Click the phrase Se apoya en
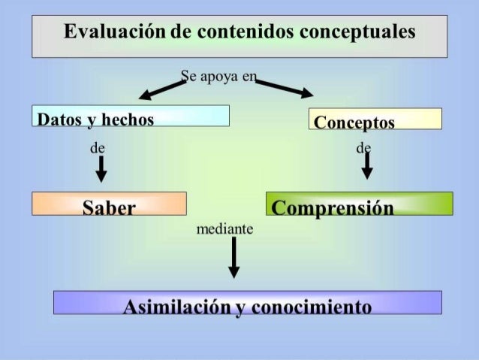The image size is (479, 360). point(218,75)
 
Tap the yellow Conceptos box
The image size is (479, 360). point(375,119)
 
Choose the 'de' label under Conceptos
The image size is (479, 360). point(364,148)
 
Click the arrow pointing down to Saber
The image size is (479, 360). point(100,170)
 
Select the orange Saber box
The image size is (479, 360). point(109,204)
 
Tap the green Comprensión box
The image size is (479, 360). point(359,204)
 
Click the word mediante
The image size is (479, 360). point(224,228)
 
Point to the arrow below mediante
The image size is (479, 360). point(233,257)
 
